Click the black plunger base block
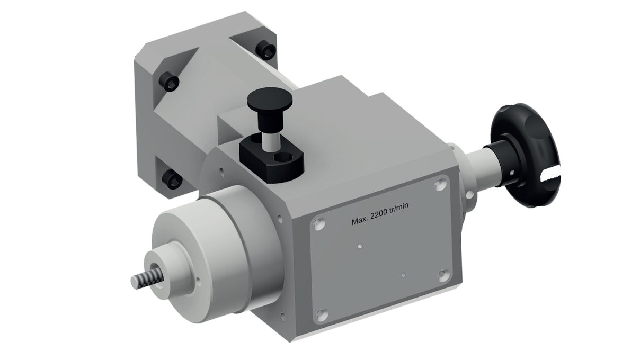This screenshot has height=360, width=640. pyautogui.click(x=270, y=159)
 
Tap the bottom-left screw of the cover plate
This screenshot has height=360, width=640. pyautogui.click(x=321, y=315)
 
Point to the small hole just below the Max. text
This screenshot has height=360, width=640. pyautogui.click(x=360, y=246)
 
